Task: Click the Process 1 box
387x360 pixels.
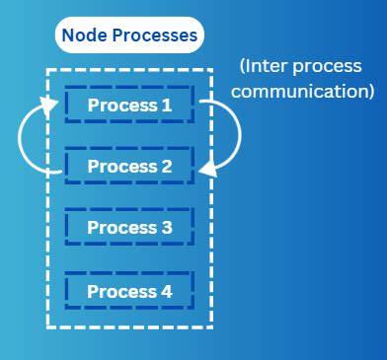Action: [x=129, y=105]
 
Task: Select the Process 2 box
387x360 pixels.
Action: [x=129, y=166]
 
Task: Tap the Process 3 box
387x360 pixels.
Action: [x=129, y=228]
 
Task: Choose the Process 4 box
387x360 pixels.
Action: [x=129, y=291]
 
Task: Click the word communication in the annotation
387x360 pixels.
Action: [x=306, y=92]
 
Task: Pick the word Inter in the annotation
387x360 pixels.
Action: [x=270, y=67]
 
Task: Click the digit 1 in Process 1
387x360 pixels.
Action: [x=168, y=105]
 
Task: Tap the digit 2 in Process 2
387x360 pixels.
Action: [x=167, y=166]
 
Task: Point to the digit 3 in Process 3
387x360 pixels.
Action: [x=167, y=228]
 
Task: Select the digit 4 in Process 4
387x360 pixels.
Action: [x=167, y=291]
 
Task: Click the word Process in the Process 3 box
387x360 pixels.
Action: [x=120, y=228]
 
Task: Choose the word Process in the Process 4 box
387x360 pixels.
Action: [x=120, y=291]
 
